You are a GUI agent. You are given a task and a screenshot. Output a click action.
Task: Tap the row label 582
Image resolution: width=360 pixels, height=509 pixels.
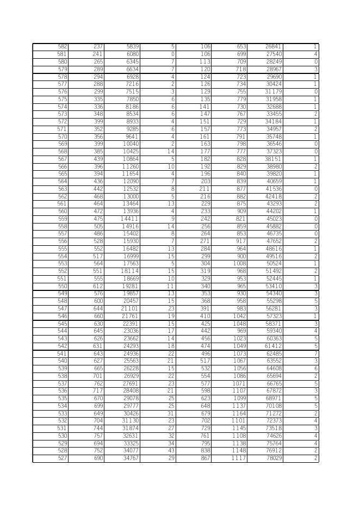coord(62,47)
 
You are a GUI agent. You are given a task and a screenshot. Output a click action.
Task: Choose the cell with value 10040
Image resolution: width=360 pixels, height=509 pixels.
coord(131,144)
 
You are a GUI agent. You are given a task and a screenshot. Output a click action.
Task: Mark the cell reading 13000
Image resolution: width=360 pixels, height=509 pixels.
coord(131,197)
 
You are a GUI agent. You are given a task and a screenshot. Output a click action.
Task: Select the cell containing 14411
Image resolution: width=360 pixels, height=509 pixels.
coord(130,219)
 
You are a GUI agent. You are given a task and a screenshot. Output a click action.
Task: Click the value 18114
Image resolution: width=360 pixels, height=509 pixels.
coord(130,271)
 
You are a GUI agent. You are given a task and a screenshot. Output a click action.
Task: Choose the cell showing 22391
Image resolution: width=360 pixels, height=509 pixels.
coord(131,324)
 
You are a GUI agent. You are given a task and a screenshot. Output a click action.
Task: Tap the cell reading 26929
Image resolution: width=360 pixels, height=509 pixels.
coord(131,376)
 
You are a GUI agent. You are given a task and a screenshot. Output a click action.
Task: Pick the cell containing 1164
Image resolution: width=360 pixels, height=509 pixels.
coord(238,414)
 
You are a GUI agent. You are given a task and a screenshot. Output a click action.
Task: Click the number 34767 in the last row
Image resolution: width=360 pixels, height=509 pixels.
coord(131,458)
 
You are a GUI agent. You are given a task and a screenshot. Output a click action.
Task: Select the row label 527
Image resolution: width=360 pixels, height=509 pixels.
coord(62,458)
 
